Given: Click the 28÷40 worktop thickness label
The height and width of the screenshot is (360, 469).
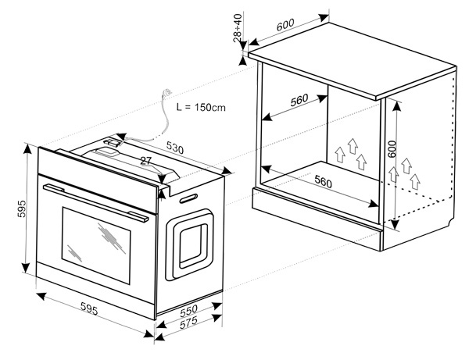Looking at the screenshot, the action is point(238,28).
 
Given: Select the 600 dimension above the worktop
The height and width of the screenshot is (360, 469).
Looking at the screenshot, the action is point(285,24).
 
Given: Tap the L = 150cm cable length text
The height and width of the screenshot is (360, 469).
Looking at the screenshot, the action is point(201,107).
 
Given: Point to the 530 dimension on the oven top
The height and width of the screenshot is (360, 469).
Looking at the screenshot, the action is point(175,148).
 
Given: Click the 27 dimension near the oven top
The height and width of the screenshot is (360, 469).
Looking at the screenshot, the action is point(146,161).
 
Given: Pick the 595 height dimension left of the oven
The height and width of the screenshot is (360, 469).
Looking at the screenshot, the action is point(22,209).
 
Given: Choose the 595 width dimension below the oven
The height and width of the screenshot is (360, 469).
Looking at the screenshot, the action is point(89,308).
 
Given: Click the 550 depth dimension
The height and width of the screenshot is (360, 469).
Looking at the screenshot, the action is point(188,311).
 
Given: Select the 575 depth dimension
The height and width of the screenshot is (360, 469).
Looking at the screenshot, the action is point(188,323).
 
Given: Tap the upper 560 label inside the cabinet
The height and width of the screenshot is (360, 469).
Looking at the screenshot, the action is point(299,100).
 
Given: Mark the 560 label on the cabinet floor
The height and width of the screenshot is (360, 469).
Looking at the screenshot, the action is point(323,182).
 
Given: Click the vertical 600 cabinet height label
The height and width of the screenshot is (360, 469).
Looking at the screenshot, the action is point(392,149).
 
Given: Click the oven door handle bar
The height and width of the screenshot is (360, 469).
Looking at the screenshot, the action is point(95,203).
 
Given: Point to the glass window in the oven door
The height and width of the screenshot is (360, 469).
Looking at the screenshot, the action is point(96,245).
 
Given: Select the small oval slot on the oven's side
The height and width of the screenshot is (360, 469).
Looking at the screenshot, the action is point(188,198).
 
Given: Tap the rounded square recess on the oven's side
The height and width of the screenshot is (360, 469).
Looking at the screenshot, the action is point(189,244).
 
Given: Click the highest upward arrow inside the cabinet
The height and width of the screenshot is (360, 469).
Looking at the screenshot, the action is point(353,146).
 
